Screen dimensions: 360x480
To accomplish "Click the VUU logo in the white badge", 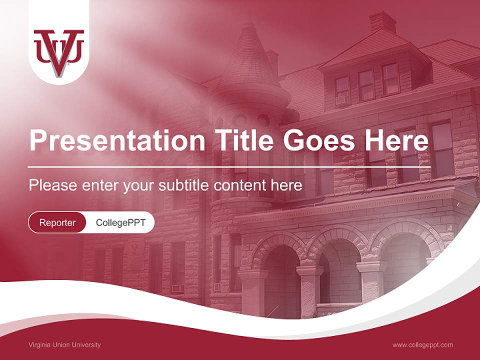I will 59,52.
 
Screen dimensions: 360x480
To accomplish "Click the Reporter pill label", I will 57,222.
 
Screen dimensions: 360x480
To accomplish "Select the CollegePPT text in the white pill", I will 120,222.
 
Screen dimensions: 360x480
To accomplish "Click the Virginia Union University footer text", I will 65,345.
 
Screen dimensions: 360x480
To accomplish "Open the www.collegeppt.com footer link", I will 422,345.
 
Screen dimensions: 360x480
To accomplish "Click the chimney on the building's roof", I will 383,22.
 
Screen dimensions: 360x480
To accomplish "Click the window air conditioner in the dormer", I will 341,100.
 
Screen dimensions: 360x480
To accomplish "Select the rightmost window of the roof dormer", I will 390,78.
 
